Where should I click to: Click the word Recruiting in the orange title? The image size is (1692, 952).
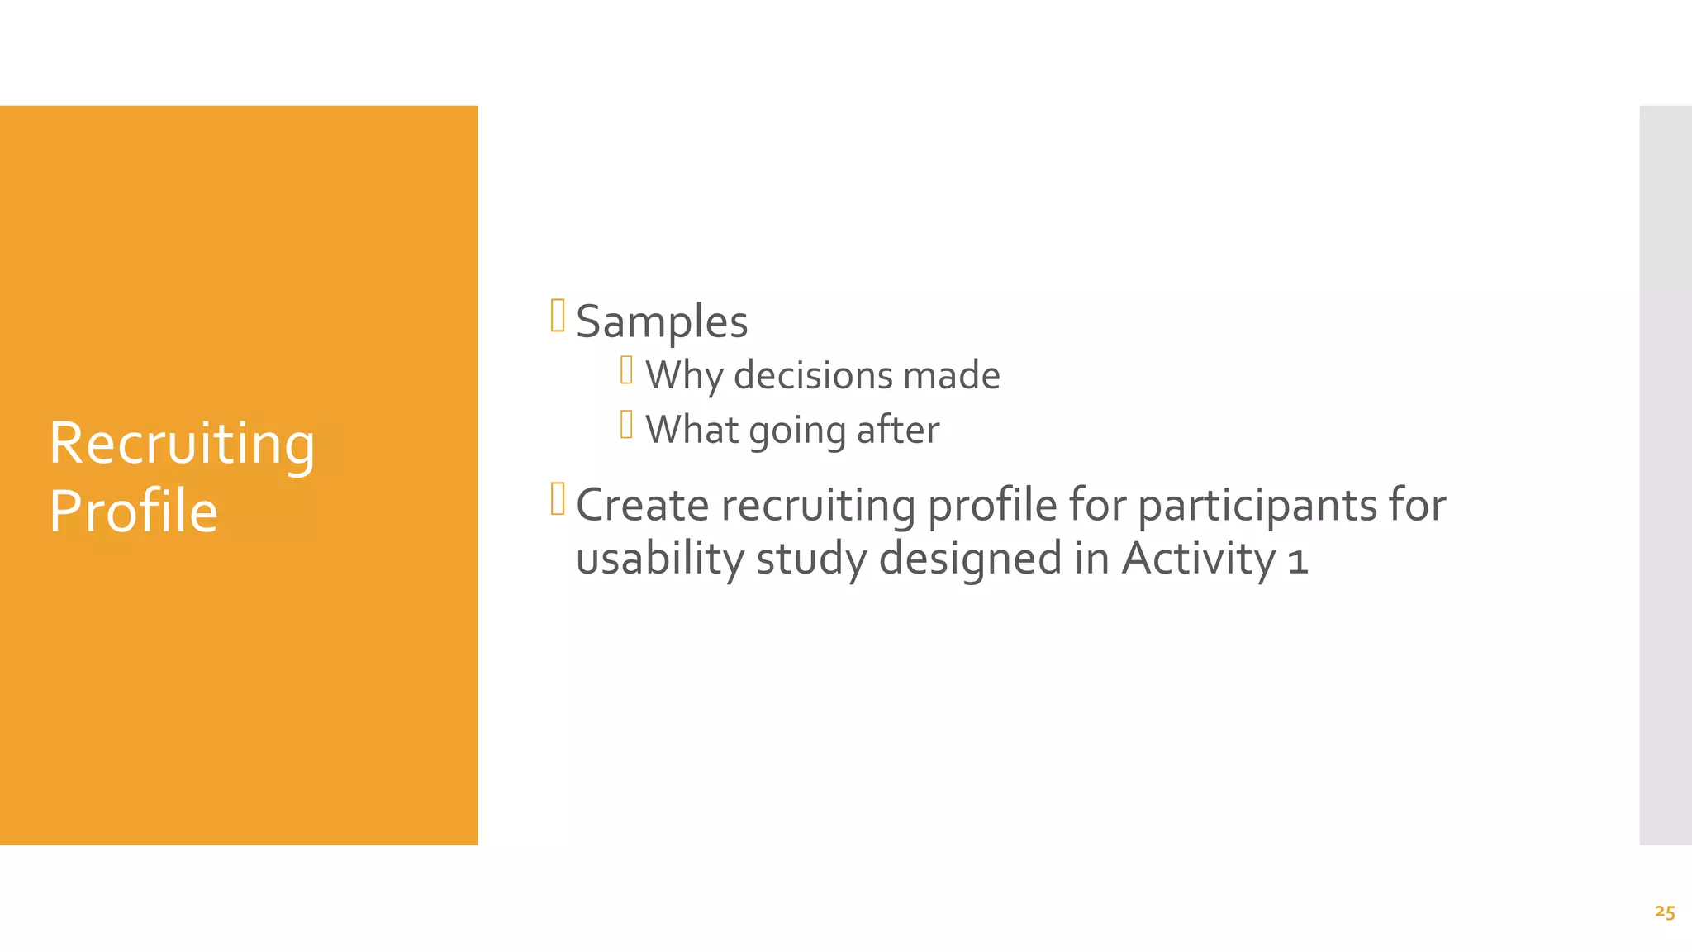[182, 445]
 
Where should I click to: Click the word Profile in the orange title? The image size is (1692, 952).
[133, 512]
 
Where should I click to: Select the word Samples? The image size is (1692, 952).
[662, 321]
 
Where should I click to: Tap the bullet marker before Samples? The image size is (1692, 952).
[558, 316]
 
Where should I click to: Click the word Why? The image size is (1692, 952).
[684, 376]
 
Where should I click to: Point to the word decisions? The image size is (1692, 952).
[814, 375]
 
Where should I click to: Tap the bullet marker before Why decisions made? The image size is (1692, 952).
[626, 370]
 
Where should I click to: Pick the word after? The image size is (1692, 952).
[898, 430]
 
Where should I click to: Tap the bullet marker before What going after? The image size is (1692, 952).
[626, 425]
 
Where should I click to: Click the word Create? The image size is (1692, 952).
[642, 505]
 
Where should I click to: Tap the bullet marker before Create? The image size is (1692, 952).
[558, 499]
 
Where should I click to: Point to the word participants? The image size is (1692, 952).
[1257, 507]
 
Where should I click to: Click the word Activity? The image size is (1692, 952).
[1198, 559]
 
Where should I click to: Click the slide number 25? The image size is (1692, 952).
[1665, 912]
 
